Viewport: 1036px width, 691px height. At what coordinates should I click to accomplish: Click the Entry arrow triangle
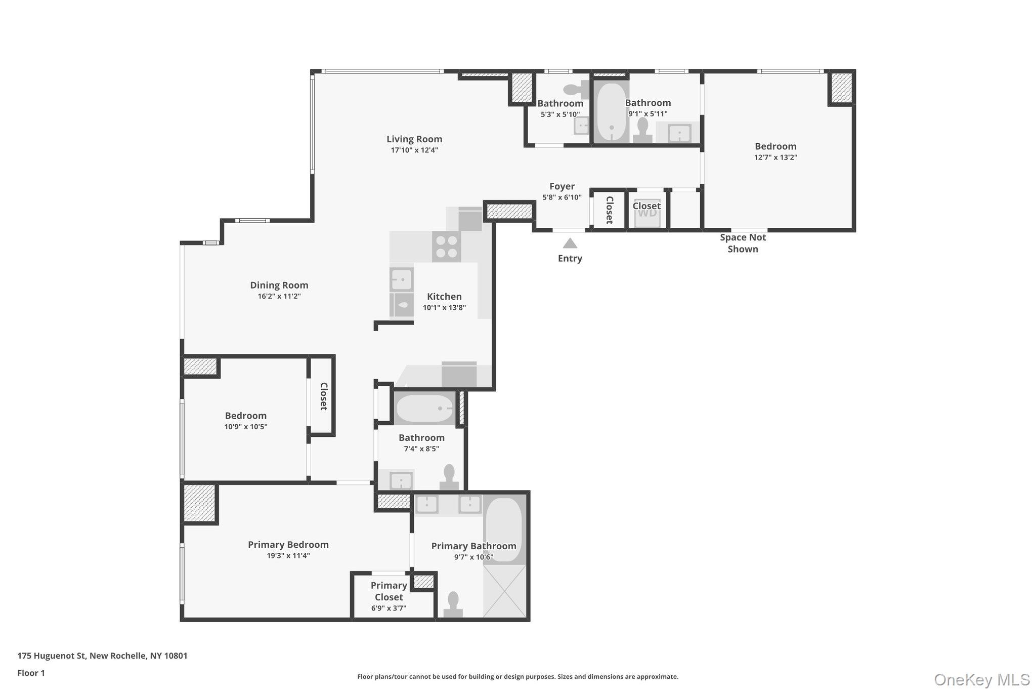[x=570, y=243]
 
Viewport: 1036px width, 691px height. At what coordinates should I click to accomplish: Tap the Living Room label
[x=414, y=139]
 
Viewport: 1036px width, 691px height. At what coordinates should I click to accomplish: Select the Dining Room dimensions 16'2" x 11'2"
[x=279, y=297]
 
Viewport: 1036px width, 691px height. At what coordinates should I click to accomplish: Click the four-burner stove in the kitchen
[x=447, y=247]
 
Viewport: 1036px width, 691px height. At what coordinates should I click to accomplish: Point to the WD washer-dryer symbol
[x=647, y=213]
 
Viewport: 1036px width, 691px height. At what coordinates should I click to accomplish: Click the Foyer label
[x=562, y=186]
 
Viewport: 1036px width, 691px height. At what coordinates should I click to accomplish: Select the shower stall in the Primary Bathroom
[x=505, y=591]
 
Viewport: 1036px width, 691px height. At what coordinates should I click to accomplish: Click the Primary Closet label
[x=388, y=591]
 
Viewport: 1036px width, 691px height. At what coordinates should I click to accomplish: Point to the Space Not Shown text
[x=743, y=243]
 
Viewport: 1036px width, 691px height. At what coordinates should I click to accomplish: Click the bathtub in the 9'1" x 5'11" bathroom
[x=611, y=112]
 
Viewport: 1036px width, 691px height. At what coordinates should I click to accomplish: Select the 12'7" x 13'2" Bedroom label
[x=775, y=146]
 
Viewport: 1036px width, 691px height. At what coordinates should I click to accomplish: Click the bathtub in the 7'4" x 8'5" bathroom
[x=424, y=408]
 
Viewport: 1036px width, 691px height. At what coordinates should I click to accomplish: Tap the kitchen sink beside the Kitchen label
[x=402, y=279]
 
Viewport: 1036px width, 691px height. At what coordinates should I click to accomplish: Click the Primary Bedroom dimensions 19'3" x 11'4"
[x=288, y=556]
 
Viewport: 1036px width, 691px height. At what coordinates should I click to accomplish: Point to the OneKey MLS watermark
[x=981, y=679]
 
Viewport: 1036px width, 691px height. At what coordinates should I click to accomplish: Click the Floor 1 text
[x=31, y=673]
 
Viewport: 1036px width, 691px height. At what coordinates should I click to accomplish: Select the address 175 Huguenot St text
[x=102, y=656]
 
